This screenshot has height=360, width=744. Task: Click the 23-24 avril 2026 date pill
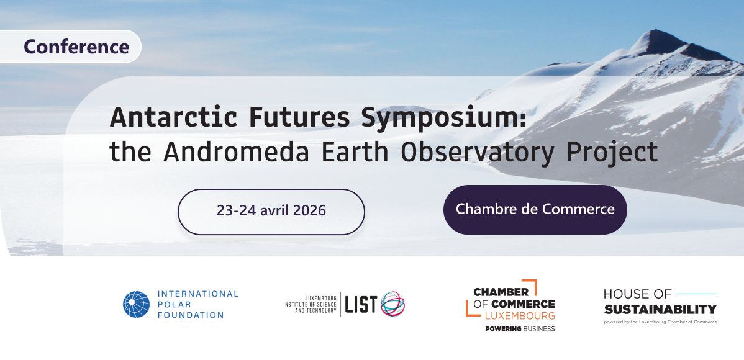click(271, 212)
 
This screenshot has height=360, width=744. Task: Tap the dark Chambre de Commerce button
click(535, 210)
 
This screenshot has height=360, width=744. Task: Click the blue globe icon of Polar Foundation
click(136, 304)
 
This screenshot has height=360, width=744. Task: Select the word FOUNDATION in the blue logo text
click(190, 315)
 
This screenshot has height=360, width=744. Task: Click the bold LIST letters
click(361, 305)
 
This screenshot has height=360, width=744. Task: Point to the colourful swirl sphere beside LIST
click(393, 304)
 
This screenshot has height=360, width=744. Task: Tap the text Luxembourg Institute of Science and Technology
click(310, 305)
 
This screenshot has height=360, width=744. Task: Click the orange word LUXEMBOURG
click(520, 315)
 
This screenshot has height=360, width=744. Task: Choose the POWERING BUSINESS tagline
click(520, 329)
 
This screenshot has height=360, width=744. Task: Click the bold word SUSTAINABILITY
click(660, 309)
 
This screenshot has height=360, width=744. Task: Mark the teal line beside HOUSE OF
click(696, 294)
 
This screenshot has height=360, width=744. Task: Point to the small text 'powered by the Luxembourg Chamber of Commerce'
click(660, 322)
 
